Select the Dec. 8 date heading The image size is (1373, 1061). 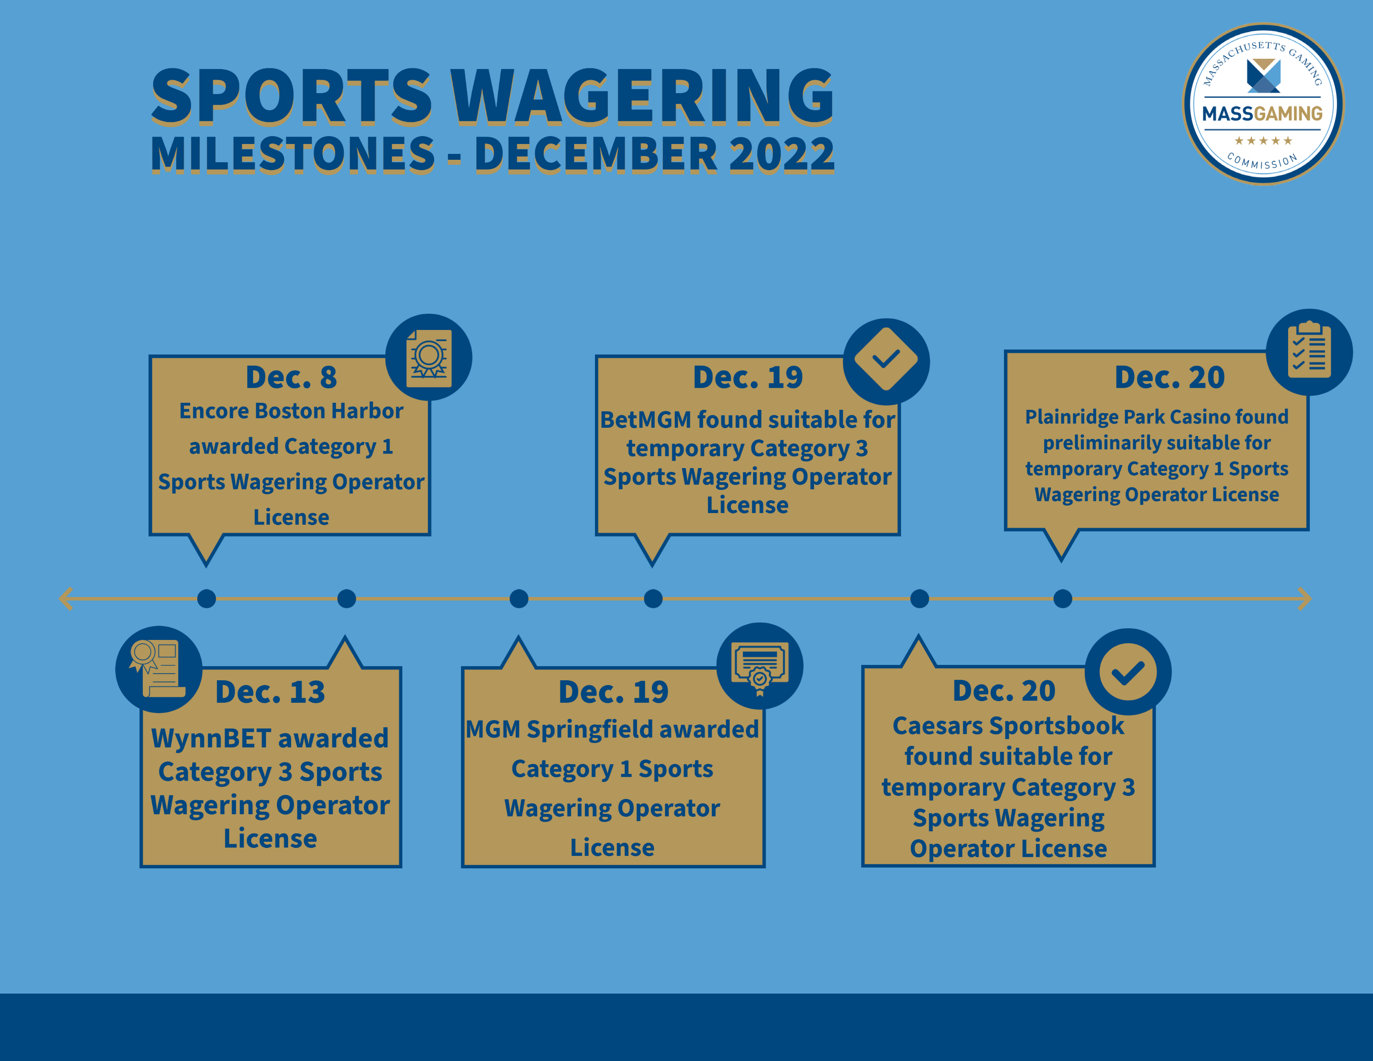[291, 377]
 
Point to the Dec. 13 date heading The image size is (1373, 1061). [270, 692]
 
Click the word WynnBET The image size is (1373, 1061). [211, 739]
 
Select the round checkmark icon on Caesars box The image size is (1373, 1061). [1128, 671]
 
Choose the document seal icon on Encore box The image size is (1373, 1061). [429, 357]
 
